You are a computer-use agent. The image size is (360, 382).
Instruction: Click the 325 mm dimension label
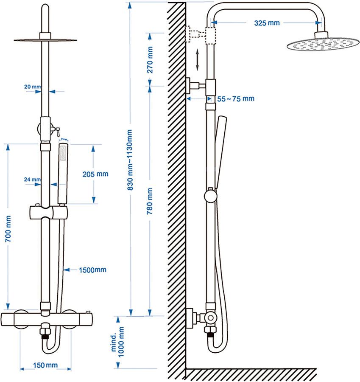pyautogui.click(x=267, y=23)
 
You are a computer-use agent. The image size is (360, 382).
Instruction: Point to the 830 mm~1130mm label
pyautogui.click(x=131, y=159)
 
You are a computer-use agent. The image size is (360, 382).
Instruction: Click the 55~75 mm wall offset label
pyautogui.click(x=236, y=98)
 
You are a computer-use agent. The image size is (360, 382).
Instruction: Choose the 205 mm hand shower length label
pyautogui.click(x=95, y=174)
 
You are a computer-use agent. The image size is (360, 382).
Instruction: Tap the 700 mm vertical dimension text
pyautogui.click(x=7, y=230)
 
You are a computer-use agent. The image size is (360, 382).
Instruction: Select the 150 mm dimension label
pyautogui.click(x=46, y=365)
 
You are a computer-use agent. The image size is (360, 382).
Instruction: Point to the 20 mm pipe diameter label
pyautogui.click(x=32, y=87)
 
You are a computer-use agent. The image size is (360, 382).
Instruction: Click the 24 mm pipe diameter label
pyautogui.click(x=32, y=180)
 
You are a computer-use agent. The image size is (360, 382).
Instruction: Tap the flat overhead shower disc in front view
pyautogui.click(x=45, y=40)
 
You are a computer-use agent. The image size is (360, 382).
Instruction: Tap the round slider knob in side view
pyautogui.click(x=209, y=196)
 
